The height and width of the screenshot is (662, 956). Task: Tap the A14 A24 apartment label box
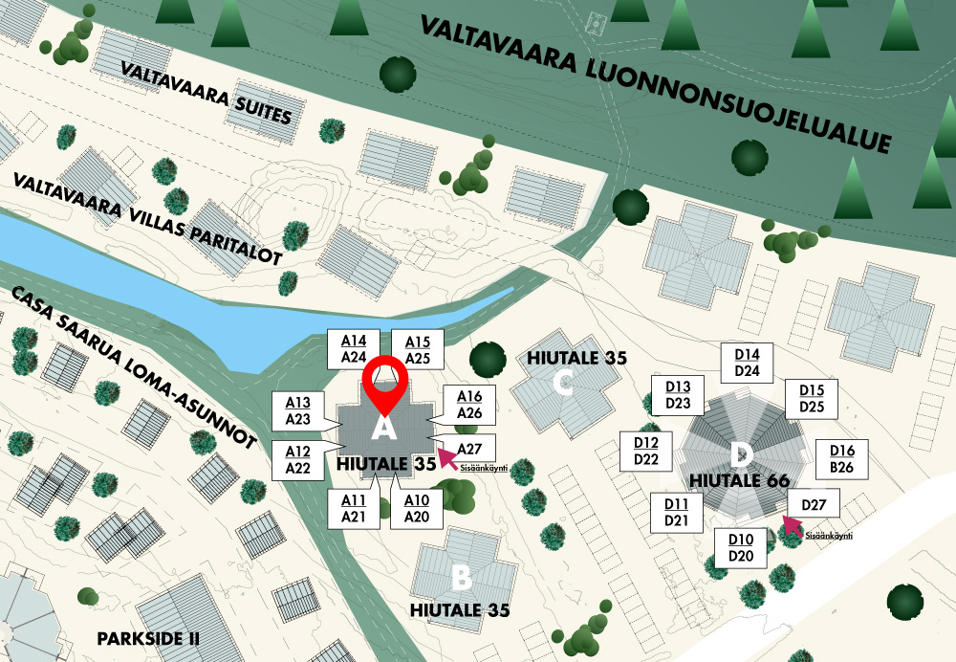tap(354, 349)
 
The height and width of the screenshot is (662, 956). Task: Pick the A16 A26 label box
tap(468, 406)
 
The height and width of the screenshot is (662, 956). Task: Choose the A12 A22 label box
tap(297, 459)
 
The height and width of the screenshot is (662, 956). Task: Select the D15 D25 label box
tap(811, 399)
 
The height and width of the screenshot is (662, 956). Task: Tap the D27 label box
tap(814, 505)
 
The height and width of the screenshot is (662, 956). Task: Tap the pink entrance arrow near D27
tap(791, 524)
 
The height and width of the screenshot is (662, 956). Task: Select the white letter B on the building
tap(461, 578)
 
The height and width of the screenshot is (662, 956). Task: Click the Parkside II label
tap(148, 637)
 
